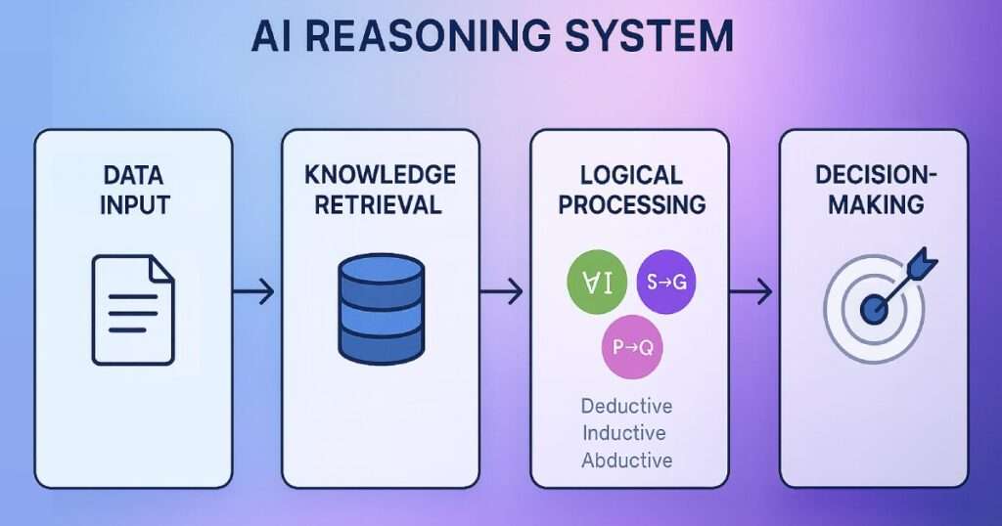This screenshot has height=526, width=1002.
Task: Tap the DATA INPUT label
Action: [134, 190]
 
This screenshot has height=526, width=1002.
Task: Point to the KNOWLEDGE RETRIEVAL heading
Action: [381, 190]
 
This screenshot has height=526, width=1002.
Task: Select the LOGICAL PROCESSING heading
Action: [629, 190]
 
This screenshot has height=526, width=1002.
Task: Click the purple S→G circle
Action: [667, 285]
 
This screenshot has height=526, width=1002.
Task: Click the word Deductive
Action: [626, 406]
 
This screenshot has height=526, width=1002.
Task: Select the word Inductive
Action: [623, 432]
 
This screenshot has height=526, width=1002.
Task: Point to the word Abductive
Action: [626, 460]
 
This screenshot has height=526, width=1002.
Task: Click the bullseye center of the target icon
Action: [873, 310]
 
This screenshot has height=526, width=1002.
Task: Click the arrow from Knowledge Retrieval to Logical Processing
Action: [504, 291]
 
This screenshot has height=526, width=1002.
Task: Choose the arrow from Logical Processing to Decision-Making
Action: [752, 291]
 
